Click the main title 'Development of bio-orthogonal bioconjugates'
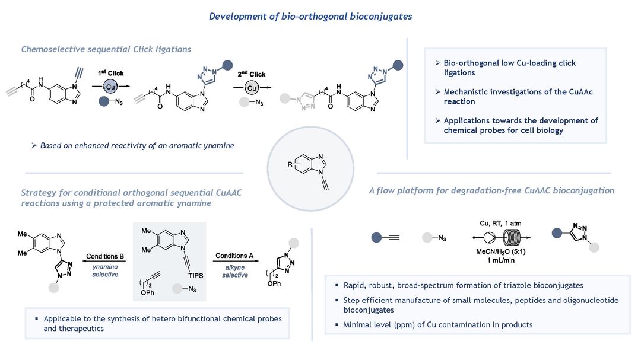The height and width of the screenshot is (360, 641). coord(310,16)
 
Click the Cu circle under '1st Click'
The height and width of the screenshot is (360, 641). coord(109,87)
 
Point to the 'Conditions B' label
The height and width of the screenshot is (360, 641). coord(106,256)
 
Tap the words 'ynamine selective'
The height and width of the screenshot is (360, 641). coord(106,270)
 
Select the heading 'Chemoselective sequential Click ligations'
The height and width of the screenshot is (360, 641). coord(106,49)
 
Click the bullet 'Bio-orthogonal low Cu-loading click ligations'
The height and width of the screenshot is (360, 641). coord(509,67)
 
